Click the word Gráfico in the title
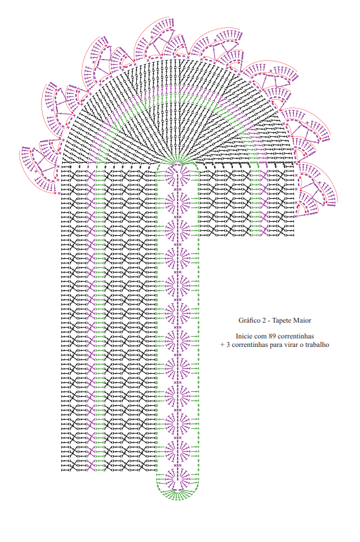tap(249, 320)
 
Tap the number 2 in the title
tap(263, 320)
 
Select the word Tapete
tap(282, 321)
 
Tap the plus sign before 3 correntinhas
tap(223, 345)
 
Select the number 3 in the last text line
tap(228, 345)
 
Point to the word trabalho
tap(317, 345)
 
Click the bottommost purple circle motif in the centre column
tap(178, 479)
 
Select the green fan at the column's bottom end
tap(178, 495)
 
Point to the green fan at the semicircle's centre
tap(177, 160)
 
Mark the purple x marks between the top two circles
tap(178, 190)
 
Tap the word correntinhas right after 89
tap(296, 336)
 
